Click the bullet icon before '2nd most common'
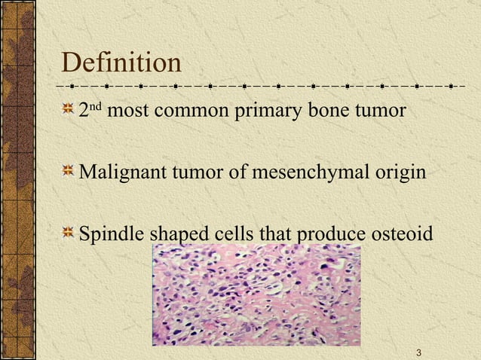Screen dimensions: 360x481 pos(69,111)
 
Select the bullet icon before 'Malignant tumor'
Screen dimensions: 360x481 pos(69,173)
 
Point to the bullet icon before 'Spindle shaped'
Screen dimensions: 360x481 pos(69,234)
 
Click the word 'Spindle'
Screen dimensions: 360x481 pos(113,235)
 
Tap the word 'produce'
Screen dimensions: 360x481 pos(328,236)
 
